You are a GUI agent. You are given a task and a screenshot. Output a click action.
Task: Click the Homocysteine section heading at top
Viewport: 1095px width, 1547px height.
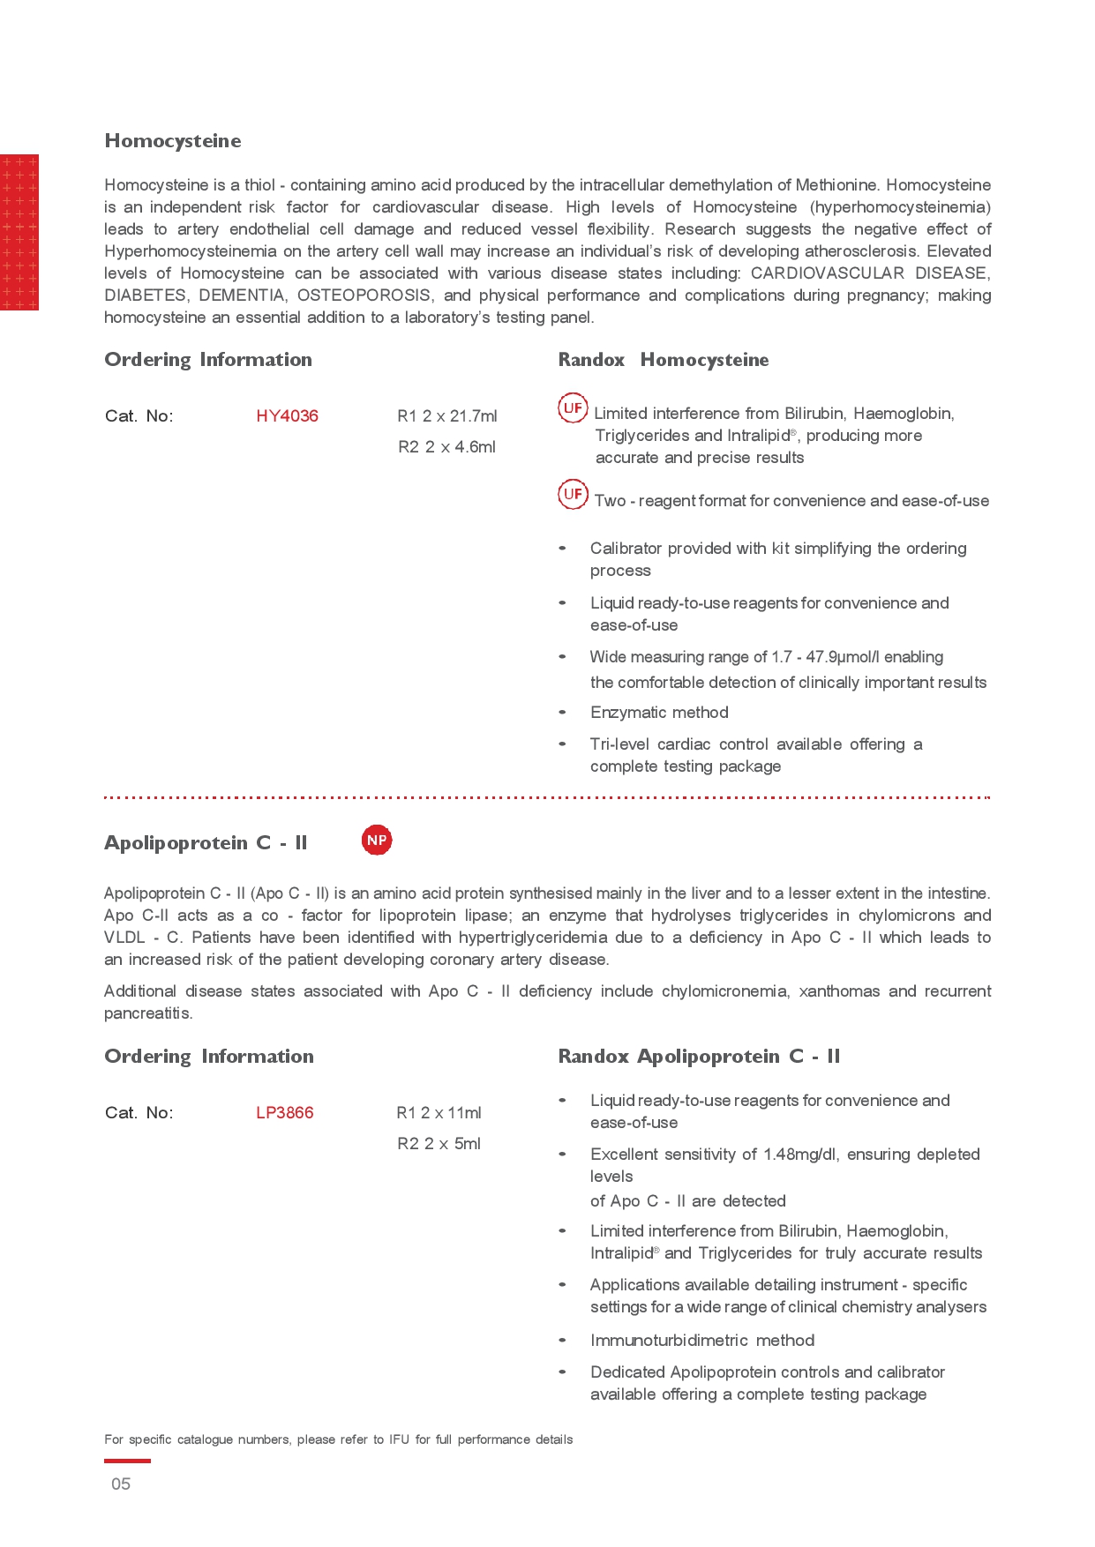click(x=173, y=141)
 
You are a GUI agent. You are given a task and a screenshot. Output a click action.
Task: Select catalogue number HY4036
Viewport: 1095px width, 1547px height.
click(x=287, y=416)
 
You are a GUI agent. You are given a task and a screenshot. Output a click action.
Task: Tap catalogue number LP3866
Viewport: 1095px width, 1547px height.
click(x=284, y=1113)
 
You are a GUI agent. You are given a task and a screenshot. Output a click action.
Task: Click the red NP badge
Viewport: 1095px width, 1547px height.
click(x=377, y=841)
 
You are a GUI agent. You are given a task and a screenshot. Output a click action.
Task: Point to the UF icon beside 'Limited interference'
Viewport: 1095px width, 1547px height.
click(x=573, y=407)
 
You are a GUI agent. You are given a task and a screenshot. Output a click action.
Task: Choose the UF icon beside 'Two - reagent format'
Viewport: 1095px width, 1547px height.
click(x=573, y=494)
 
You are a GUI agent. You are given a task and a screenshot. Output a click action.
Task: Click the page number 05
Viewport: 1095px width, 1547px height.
click(x=121, y=1484)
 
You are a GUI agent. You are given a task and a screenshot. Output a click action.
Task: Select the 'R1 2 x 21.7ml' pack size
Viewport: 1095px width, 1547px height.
click(x=447, y=416)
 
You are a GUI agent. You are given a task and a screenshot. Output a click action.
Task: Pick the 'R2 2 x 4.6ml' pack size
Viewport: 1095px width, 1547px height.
click(x=446, y=447)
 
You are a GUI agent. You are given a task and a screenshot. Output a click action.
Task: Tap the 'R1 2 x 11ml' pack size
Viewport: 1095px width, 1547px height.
click(x=439, y=1113)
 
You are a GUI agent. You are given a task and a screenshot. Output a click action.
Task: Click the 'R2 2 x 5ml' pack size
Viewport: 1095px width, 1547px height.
click(x=439, y=1144)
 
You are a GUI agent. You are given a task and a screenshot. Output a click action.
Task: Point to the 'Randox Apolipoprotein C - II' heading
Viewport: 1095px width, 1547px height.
click(x=699, y=1057)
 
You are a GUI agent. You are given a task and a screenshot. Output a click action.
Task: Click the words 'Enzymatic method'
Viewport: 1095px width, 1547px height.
click(x=659, y=713)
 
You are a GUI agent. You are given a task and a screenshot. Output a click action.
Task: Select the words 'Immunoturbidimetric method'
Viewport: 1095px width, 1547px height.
click(x=702, y=1341)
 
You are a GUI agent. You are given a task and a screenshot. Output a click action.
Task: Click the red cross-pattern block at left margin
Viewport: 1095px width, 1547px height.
click(x=19, y=233)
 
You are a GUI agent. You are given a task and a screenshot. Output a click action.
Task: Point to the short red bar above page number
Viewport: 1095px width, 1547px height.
click(x=127, y=1461)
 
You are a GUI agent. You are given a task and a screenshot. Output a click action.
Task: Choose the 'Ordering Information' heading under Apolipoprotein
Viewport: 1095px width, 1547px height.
click(x=209, y=1057)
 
